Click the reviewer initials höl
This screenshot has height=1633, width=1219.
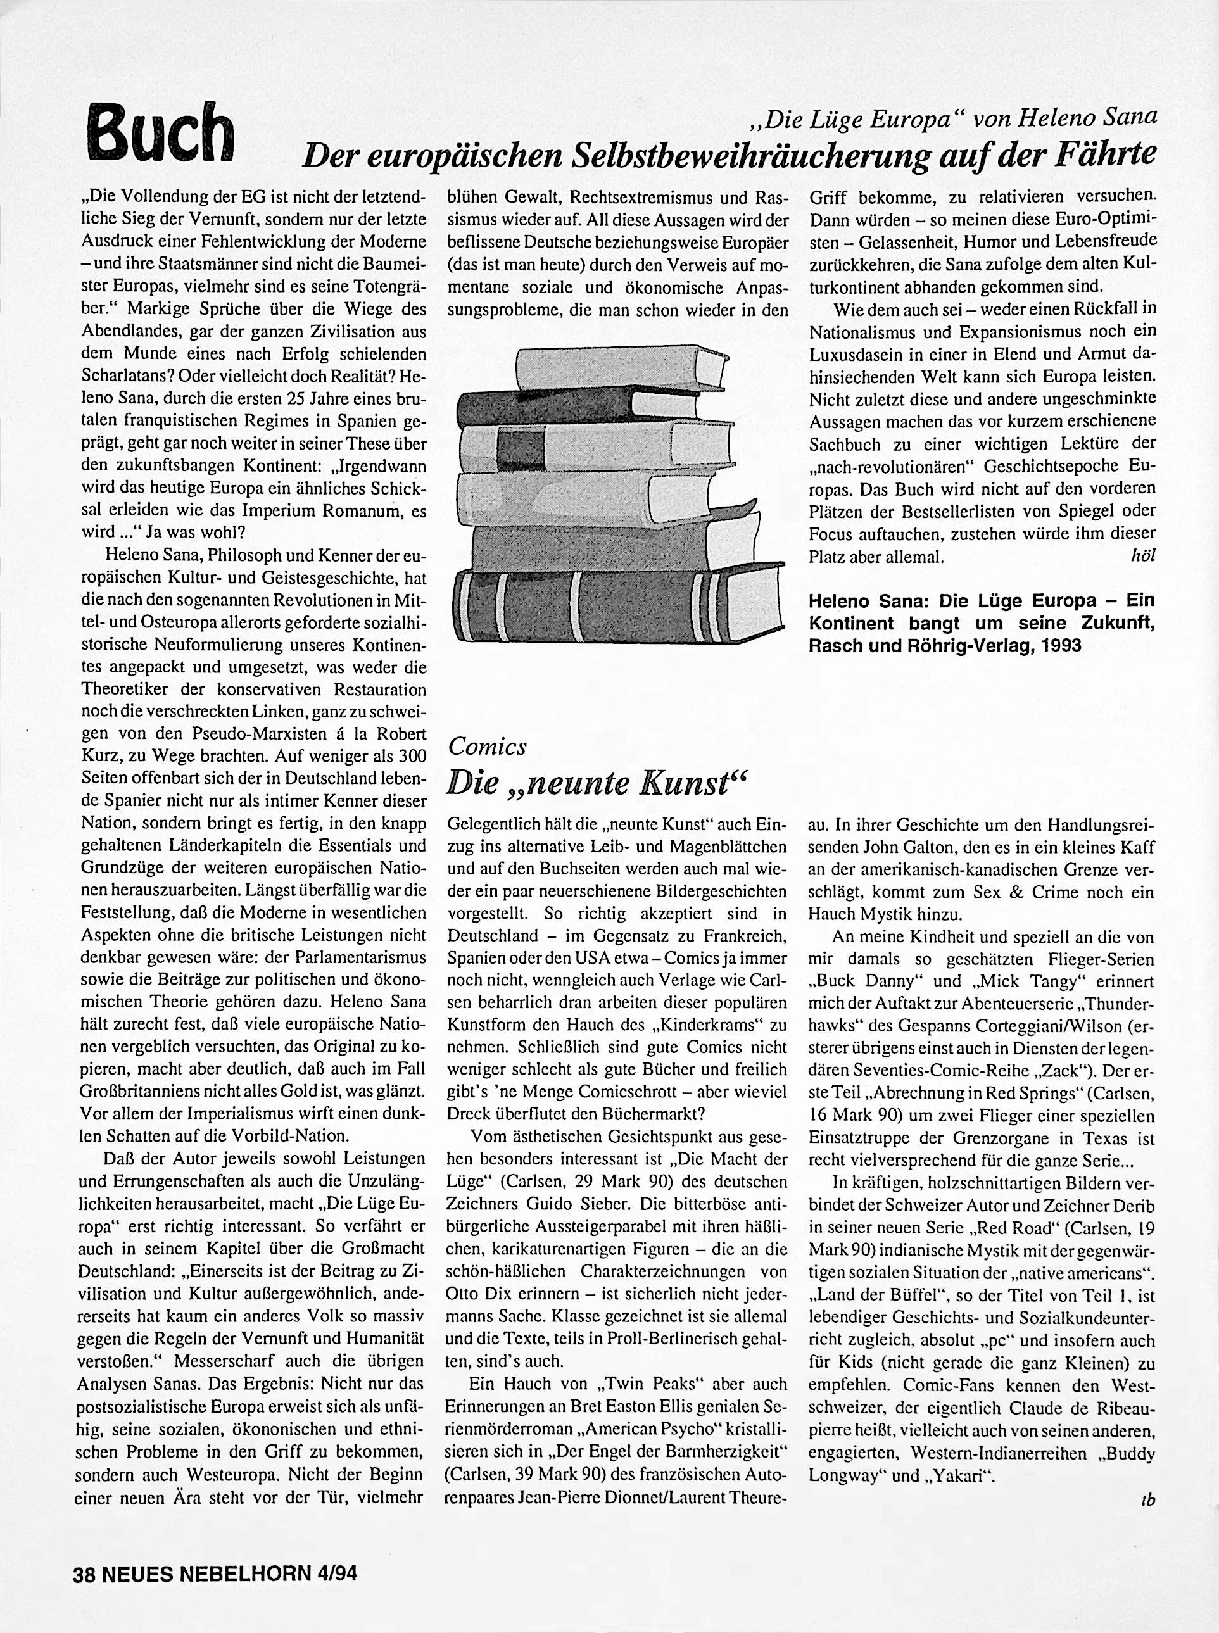1142,556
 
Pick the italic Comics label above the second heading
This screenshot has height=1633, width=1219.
487,747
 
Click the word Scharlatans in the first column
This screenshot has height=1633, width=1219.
130,375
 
